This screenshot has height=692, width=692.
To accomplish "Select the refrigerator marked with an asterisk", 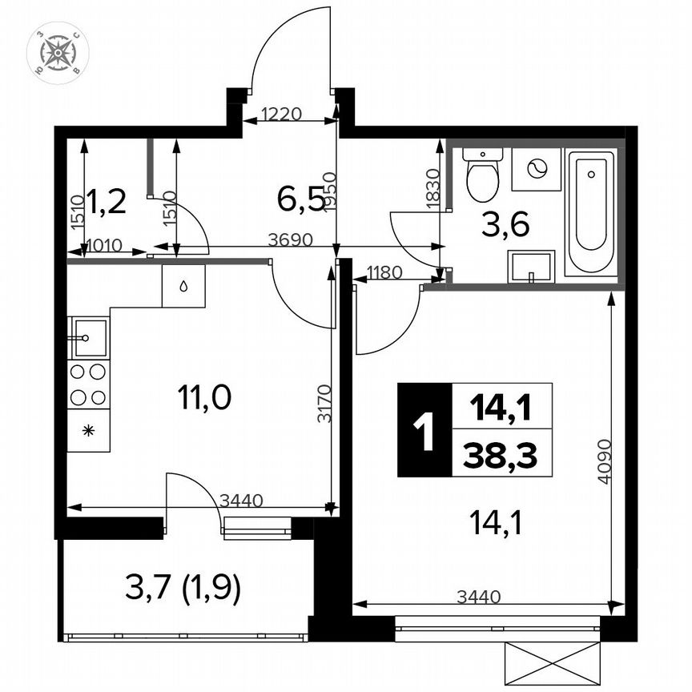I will [x=88, y=430].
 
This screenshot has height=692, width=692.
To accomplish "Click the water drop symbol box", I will [x=183, y=286].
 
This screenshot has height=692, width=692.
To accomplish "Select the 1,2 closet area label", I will [x=106, y=200].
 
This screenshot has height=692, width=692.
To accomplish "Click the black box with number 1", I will [x=424, y=430].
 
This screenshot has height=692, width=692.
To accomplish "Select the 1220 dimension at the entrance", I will [x=280, y=114].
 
